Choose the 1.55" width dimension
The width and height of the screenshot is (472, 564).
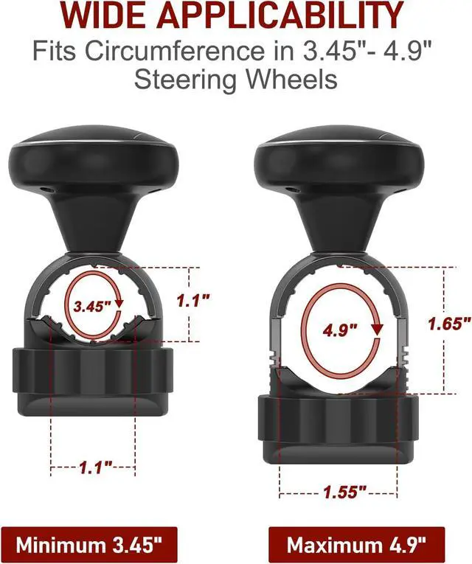(x=344, y=491)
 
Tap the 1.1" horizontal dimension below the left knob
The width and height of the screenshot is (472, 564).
(x=95, y=467)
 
